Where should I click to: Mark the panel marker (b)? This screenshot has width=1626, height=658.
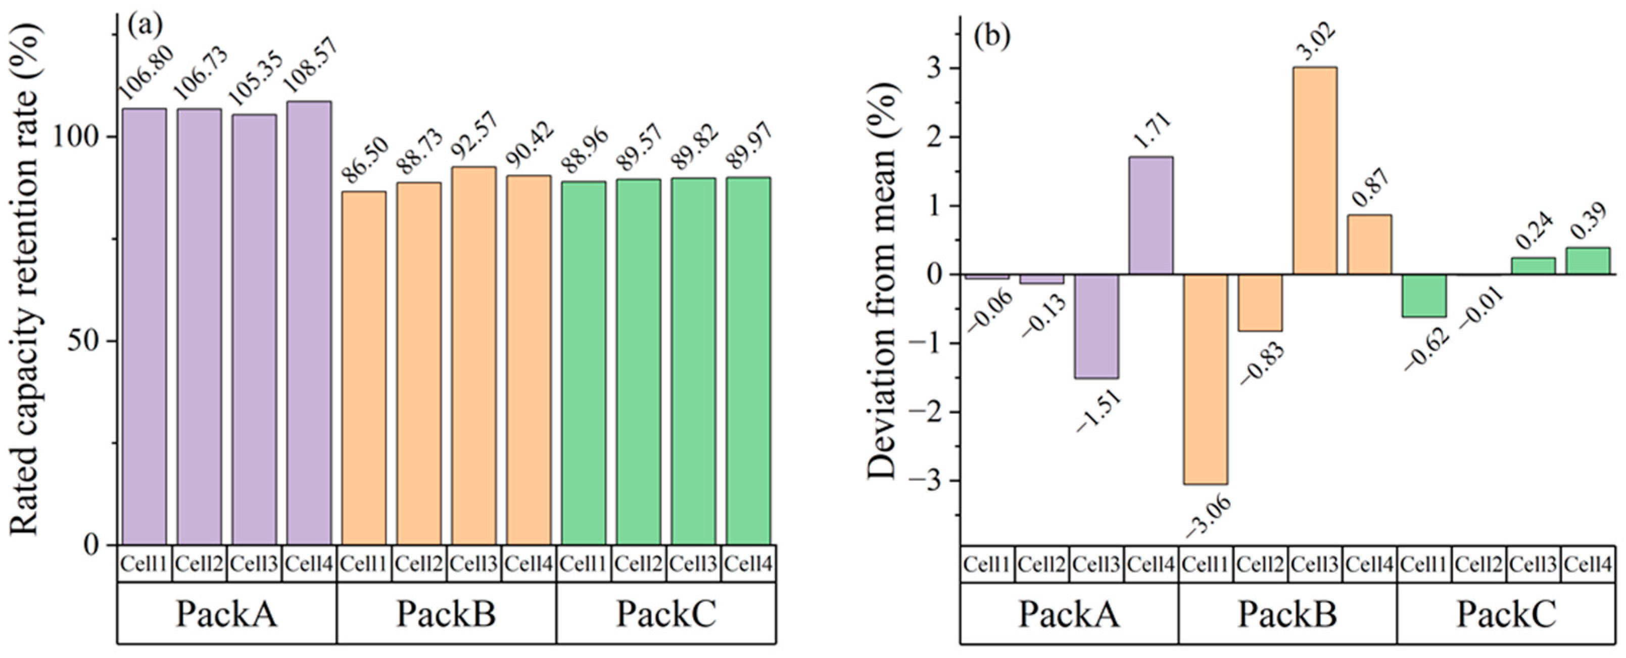coord(992,36)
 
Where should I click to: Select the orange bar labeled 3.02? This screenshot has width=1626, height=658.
coord(1315,170)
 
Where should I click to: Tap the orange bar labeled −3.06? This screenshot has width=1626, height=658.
coord(1206,379)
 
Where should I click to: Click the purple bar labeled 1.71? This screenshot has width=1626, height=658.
coord(1151,215)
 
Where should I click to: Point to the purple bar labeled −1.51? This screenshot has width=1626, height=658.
coord(1096,326)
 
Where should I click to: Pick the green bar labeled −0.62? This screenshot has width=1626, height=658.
coord(1424,296)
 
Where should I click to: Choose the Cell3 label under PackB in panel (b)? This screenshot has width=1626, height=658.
coord(1314,564)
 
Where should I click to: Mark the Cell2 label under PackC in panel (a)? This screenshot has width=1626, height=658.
coord(638,564)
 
